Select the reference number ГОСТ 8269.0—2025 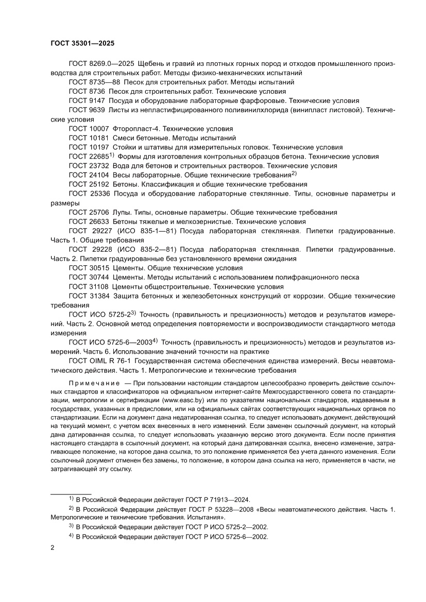tap(101, 63)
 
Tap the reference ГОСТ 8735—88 tap(94, 82)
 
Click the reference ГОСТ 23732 tap(87, 166)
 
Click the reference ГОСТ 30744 tap(87, 278)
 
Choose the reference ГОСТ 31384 tap(87, 296)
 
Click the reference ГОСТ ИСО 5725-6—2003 tap(108, 342)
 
